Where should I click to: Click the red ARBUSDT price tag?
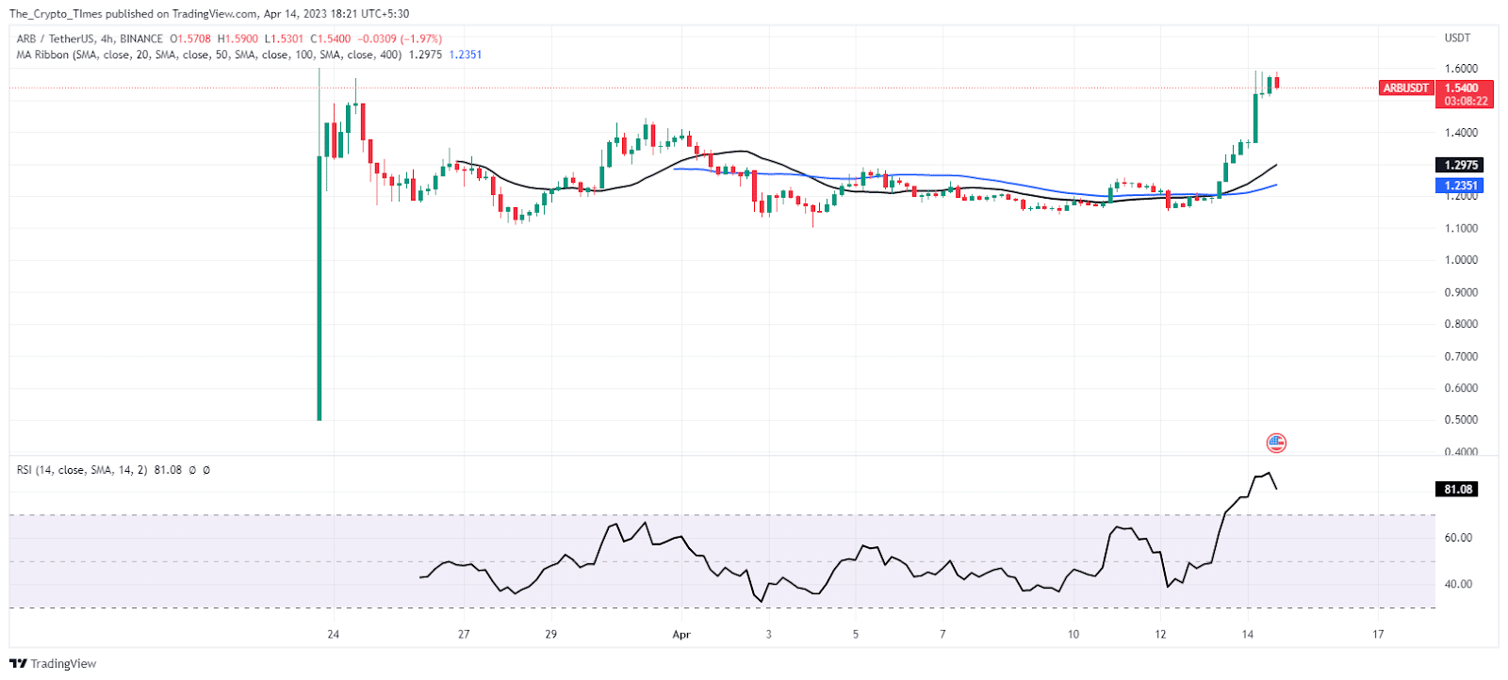pyautogui.click(x=1405, y=88)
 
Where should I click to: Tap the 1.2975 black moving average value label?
pyautogui.click(x=1459, y=165)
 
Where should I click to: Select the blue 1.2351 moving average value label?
pyautogui.click(x=1459, y=186)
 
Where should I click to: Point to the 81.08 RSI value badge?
pyautogui.click(x=1457, y=489)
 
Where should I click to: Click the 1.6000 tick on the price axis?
pyautogui.click(x=1461, y=69)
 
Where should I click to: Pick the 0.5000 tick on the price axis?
pyautogui.click(x=1461, y=420)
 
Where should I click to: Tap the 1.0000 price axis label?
pyautogui.click(x=1461, y=260)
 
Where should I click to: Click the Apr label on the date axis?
pyautogui.click(x=681, y=635)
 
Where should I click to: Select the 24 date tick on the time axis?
pyautogui.click(x=333, y=635)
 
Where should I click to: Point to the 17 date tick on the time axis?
pyautogui.click(x=1378, y=635)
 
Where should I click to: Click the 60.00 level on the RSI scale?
pyautogui.click(x=1458, y=538)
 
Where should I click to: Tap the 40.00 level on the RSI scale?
pyautogui.click(x=1458, y=584)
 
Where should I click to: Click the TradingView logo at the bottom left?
pyautogui.click(x=53, y=664)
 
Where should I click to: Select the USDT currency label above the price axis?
pyautogui.click(x=1457, y=38)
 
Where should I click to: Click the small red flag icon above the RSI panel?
pyautogui.click(x=1276, y=443)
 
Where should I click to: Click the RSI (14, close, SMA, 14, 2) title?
pyautogui.click(x=82, y=470)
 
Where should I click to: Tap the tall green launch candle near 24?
pyautogui.click(x=320, y=283)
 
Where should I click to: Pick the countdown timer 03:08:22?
pyautogui.click(x=1465, y=101)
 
